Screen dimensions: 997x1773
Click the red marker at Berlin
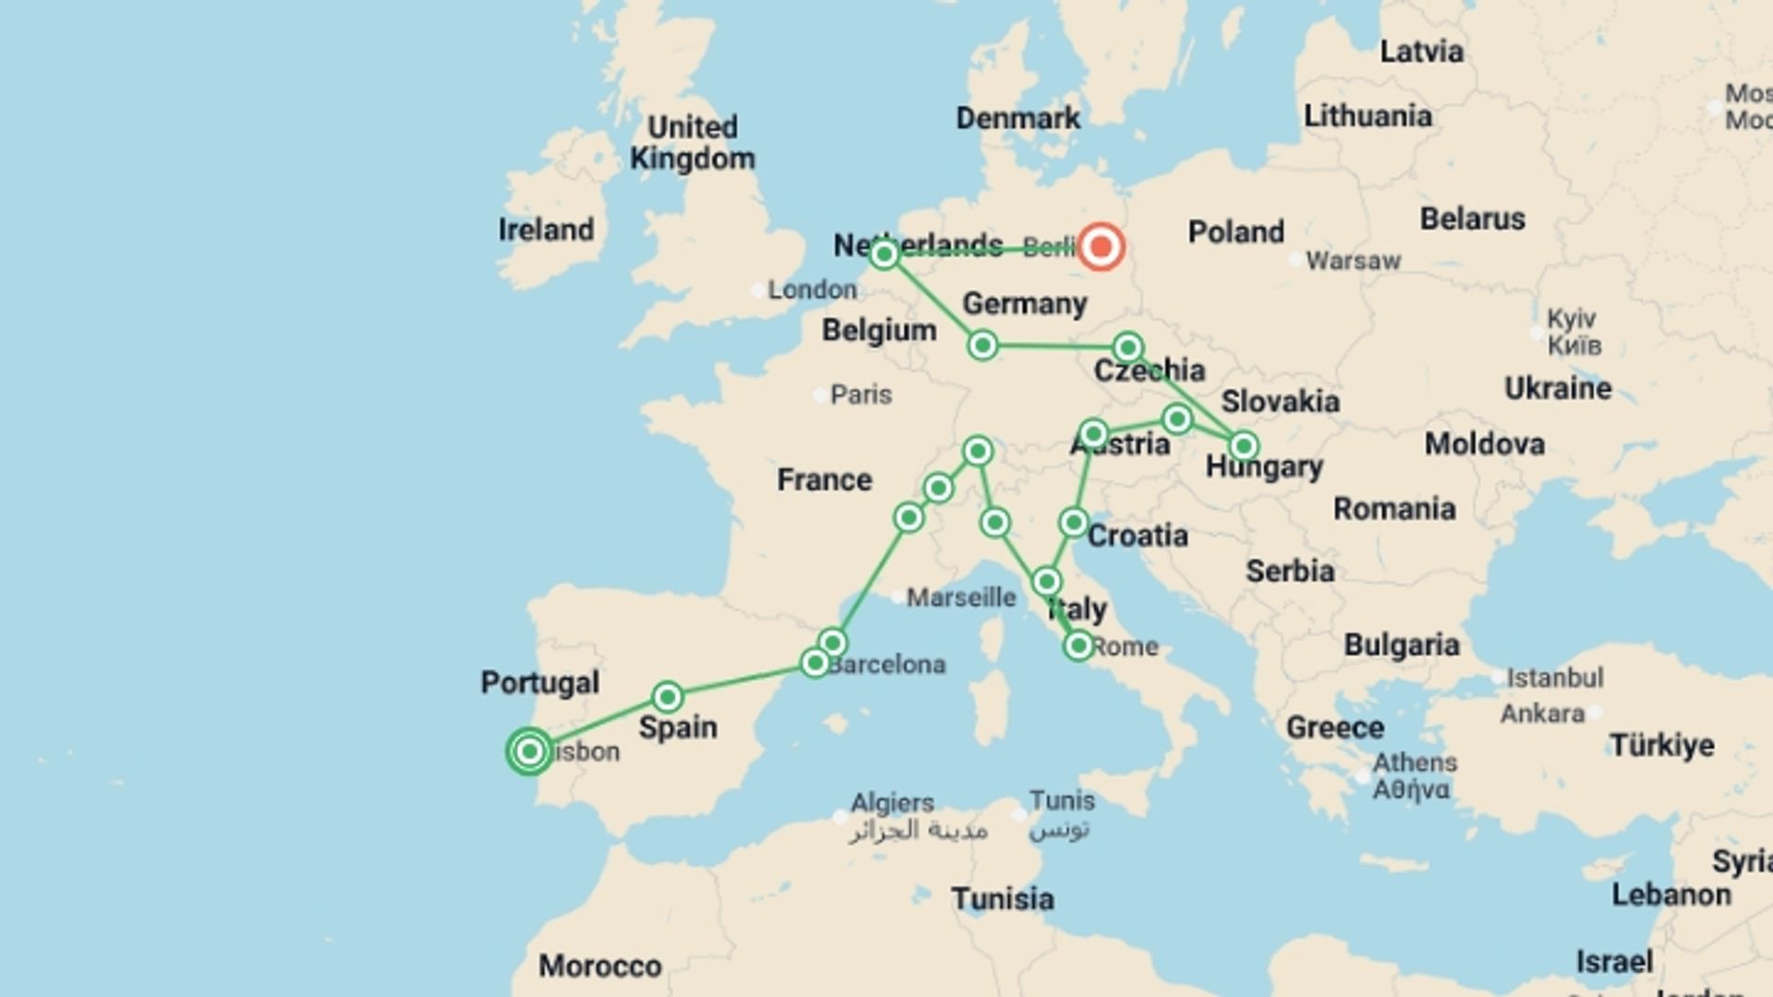[1101, 246]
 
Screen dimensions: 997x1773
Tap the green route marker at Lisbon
[529, 751]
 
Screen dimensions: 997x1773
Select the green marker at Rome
[1078, 645]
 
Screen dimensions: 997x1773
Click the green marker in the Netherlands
[884, 253]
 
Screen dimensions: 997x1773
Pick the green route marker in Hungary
[1243, 447]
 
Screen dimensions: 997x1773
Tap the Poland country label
[1236, 232]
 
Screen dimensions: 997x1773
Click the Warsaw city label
[1353, 261]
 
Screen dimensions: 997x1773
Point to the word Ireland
[546, 230]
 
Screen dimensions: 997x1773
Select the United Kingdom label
[692, 142]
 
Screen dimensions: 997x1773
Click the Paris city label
[861, 395]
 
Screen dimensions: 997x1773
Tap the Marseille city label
[960, 598]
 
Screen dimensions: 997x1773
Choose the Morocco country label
[600, 967]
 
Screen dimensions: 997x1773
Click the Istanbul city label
[1555, 679]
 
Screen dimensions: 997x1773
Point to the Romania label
[1394, 509]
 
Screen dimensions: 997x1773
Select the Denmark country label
[1018, 118]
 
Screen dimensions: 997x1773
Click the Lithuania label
[1368, 116]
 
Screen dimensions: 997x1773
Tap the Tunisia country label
[1002, 899]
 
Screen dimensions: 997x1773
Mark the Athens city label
[1415, 763]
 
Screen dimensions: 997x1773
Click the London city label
[812, 290]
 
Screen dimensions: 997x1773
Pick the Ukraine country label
[1558, 389]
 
